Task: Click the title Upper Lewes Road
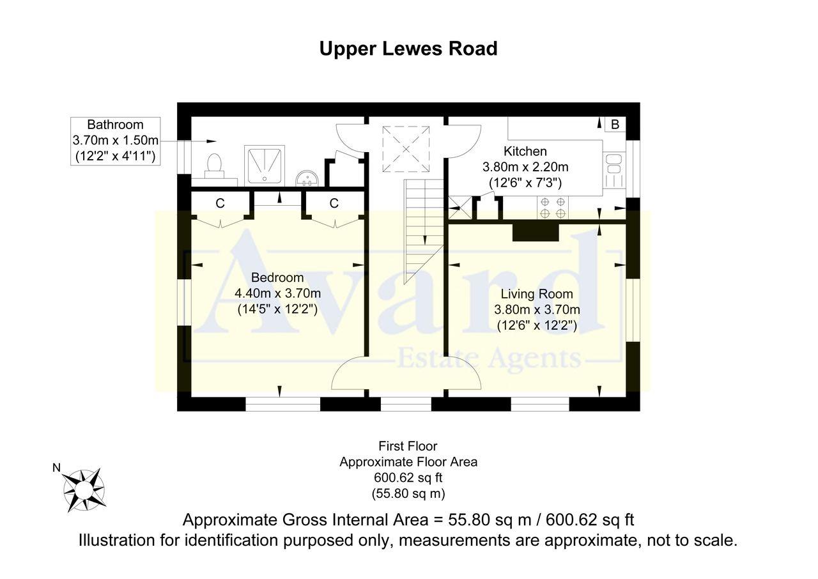point(408,49)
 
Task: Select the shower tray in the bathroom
point(265,166)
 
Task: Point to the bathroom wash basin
point(307,178)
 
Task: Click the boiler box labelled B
point(615,125)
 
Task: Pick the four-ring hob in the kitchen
point(553,207)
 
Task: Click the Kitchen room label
point(525,151)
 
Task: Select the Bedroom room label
point(277,277)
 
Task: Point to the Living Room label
point(537,294)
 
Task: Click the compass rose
point(84,489)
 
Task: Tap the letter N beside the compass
point(57,468)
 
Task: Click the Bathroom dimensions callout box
point(116,141)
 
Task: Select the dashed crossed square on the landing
point(406,149)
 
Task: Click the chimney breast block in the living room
point(536,232)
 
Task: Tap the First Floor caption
point(408,445)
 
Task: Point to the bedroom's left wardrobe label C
point(220,203)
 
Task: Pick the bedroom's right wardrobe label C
point(334,203)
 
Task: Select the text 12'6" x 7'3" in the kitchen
point(525,183)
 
